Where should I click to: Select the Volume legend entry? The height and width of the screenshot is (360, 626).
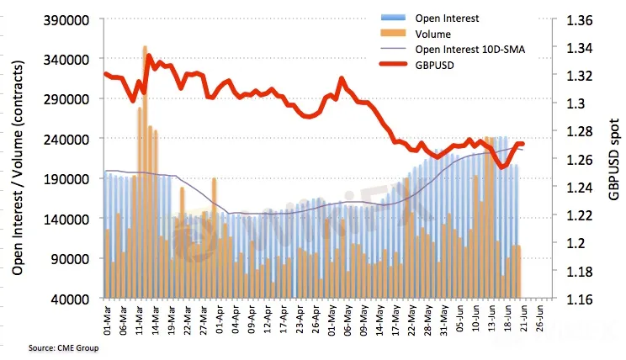click(x=434, y=34)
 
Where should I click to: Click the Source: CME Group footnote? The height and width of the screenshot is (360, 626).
click(x=62, y=347)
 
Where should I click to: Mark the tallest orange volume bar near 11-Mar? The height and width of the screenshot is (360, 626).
click(x=146, y=168)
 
